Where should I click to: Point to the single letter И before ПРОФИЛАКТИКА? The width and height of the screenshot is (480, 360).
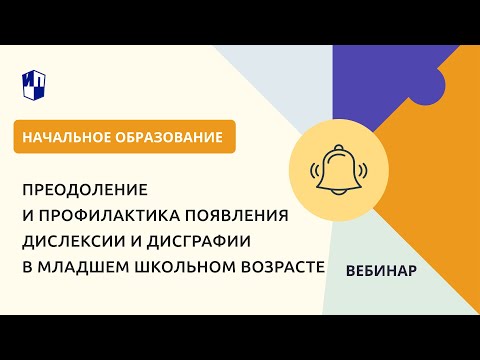[x=27, y=214]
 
